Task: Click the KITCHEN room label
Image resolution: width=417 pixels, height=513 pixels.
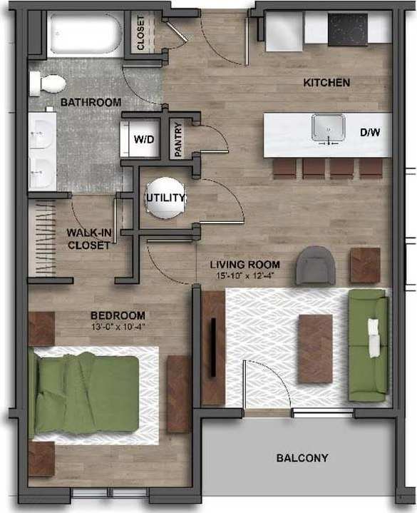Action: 326,83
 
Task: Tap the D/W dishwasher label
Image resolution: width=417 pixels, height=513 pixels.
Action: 369,132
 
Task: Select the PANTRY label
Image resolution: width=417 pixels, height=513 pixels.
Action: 179,141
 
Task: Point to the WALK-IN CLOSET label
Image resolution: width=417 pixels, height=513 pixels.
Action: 88,238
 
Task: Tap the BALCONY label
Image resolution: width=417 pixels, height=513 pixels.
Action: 302,458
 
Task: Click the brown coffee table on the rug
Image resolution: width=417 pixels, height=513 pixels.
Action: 315,348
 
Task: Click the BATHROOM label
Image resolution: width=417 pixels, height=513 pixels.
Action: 91,103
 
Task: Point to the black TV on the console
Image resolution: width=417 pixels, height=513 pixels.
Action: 213,347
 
